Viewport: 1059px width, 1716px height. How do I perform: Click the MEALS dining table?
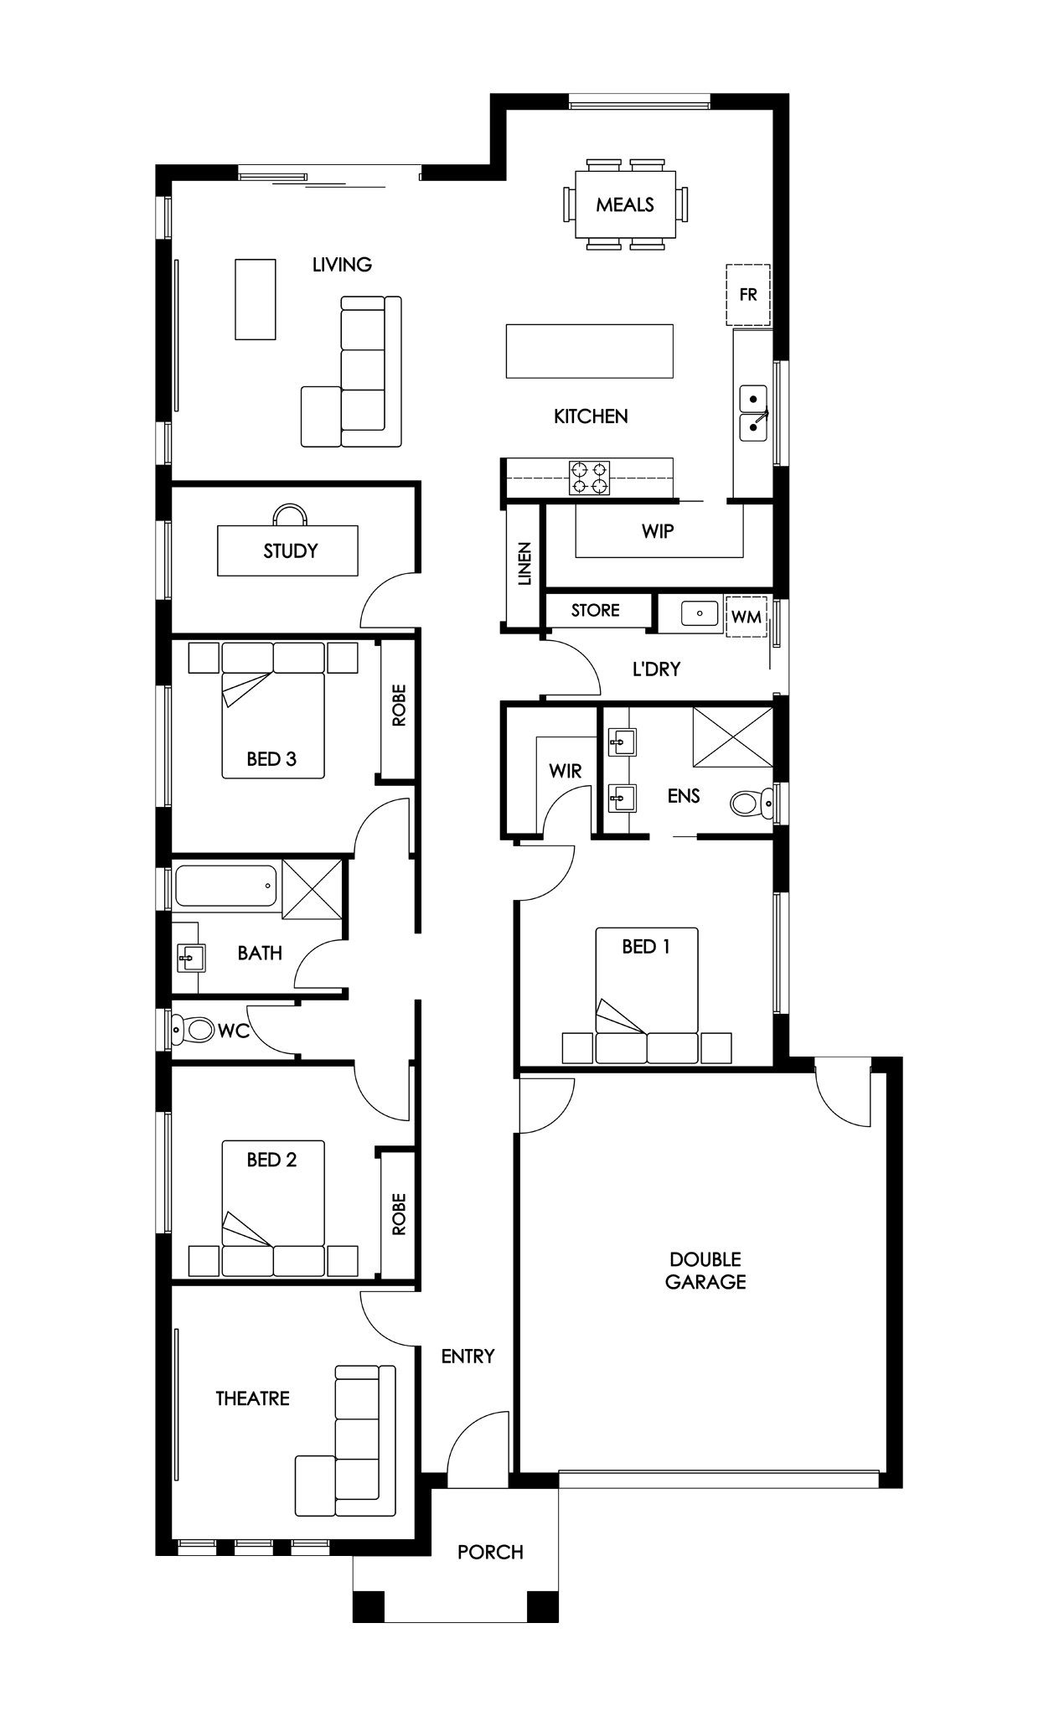click(625, 204)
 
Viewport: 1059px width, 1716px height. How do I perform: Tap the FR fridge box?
click(747, 295)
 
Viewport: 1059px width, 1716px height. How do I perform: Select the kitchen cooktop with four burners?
click(589, 478)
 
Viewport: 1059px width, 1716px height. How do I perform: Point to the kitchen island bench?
click(589, 350)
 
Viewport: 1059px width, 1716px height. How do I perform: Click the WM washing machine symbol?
click(746, 617)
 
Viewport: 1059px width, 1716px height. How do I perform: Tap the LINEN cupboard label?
click(524, 564)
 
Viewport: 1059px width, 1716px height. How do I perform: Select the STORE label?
click(596, 610)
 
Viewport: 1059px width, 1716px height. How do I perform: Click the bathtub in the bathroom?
click(226, 886)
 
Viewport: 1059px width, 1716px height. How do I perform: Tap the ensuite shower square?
click(732, 737)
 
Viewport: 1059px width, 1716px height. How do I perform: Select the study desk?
click(287, 550)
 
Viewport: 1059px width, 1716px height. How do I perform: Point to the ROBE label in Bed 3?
click(399, 705)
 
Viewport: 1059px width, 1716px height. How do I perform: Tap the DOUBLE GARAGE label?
click(705, 1270)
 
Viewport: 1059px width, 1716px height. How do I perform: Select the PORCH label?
click(490, 1552)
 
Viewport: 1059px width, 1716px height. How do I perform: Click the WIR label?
click(565, 771)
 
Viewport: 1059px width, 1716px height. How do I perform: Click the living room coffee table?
click(256, 299)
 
